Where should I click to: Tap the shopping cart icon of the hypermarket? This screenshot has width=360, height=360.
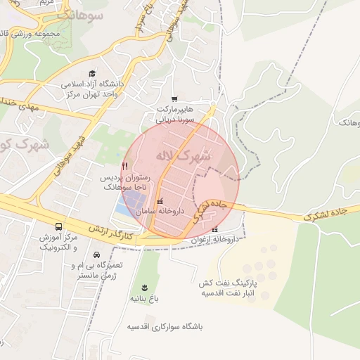[174, 98]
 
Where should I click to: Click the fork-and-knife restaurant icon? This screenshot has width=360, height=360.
[124, 166]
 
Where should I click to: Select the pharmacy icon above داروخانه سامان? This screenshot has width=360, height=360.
[160, 201]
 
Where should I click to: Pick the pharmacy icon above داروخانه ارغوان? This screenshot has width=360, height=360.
[215, 229]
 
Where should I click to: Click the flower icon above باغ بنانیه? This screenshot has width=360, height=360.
[144, 288]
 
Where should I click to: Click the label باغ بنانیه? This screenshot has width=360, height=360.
[144, 299]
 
